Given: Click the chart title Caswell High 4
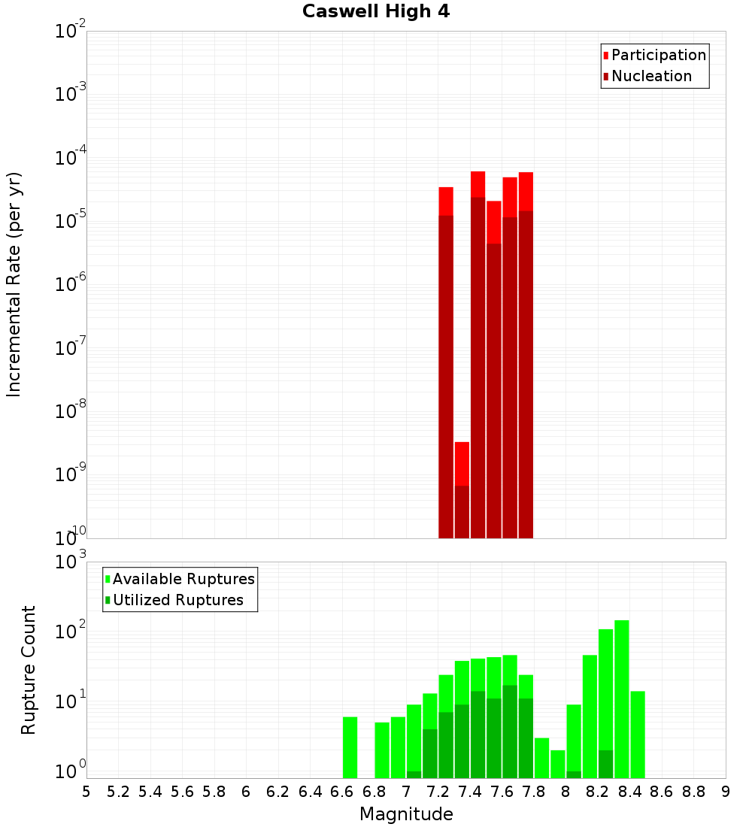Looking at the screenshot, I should point(376,12).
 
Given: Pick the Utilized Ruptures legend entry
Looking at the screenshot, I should point(177,600).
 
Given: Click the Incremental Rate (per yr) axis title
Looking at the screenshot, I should point(14,284).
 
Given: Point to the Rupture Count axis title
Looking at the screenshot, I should point(29,670).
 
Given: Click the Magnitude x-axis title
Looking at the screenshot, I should point(406,814).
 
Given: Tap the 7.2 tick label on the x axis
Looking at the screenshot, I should point(438,792).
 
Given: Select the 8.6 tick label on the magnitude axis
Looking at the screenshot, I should point(662,792).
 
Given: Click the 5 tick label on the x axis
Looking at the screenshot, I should point(86,792).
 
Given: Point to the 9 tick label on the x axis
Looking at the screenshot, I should point(726,792).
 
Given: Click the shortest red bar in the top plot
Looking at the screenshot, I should point(462,489).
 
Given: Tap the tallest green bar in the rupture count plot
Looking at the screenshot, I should point(621,699).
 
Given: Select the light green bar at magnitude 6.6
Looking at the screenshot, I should point(350,747).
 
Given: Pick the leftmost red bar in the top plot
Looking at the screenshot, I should point(446,361).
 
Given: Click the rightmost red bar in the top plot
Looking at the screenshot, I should point(526,353).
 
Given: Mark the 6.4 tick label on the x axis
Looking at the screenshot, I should point(310,792).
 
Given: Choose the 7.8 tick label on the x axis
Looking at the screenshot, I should point(534,792).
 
